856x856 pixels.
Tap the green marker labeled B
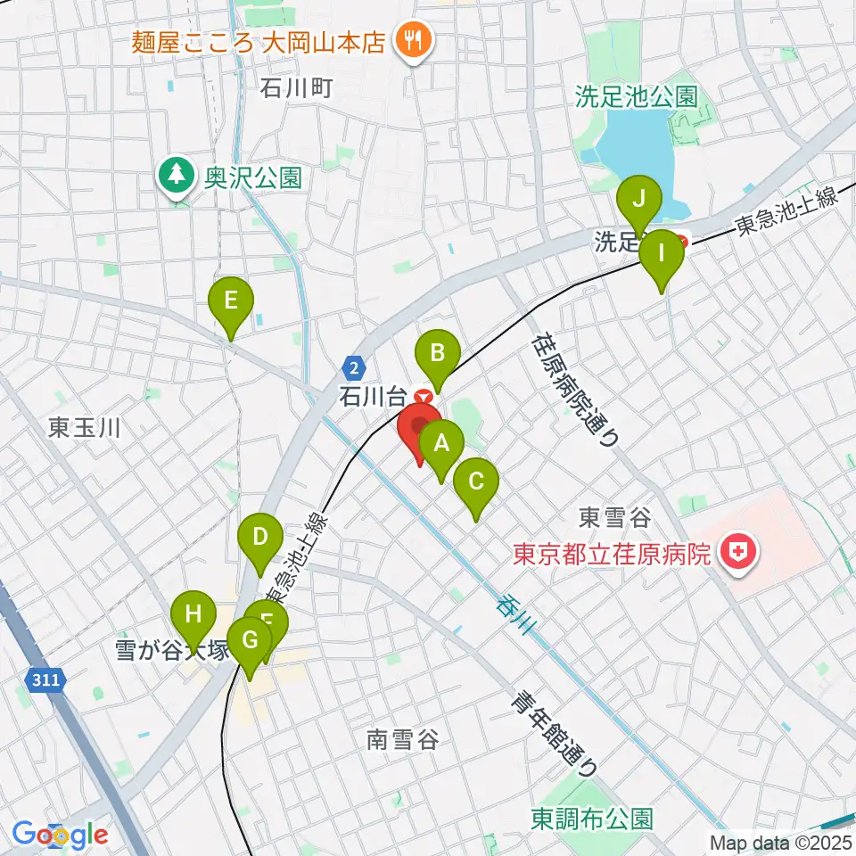437,353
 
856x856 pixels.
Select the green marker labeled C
474,482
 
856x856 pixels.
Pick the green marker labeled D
259,538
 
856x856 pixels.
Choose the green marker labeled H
193,614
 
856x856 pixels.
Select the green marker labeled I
661,252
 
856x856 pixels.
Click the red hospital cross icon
739,555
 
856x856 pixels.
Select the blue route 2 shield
354,366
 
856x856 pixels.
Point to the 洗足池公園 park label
635,96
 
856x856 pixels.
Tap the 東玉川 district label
85,427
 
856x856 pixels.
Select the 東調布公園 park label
591,817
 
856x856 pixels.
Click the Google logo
61,835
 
